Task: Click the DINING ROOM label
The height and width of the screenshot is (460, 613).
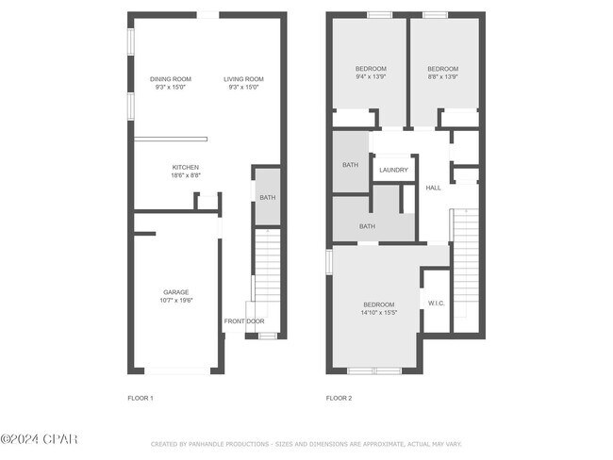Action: click(171, 79)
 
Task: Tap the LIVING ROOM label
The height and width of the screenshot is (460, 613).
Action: click(243, 79)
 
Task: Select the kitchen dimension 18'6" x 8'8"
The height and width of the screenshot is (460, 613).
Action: click(186, 175)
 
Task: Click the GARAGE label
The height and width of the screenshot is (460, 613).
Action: click(176, 292)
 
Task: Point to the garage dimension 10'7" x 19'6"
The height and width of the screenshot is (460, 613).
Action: click(176, 300)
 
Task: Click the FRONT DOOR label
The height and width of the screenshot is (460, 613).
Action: click(244, 321)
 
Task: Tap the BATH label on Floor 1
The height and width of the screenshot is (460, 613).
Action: click(268, 197)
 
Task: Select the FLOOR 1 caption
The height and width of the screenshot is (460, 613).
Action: click(141, 398)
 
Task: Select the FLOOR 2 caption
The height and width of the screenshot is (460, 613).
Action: click(339, 398)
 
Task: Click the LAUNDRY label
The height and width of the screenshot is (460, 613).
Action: click(393, 170)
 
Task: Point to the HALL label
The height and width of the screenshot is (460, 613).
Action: click(434, 188)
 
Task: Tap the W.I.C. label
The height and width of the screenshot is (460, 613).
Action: click(437, 304)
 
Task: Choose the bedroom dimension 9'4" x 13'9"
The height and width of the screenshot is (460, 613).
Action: click(371, 76)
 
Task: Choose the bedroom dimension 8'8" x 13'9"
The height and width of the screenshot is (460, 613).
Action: click(443, 76)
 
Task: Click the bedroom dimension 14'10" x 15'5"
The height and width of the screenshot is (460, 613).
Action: click(379, 313)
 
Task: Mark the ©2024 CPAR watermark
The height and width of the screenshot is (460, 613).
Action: click(39, 439)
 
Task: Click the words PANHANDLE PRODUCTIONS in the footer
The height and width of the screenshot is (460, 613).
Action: click(229, 444)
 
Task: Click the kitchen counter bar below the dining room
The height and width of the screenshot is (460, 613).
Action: click(171, 139)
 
